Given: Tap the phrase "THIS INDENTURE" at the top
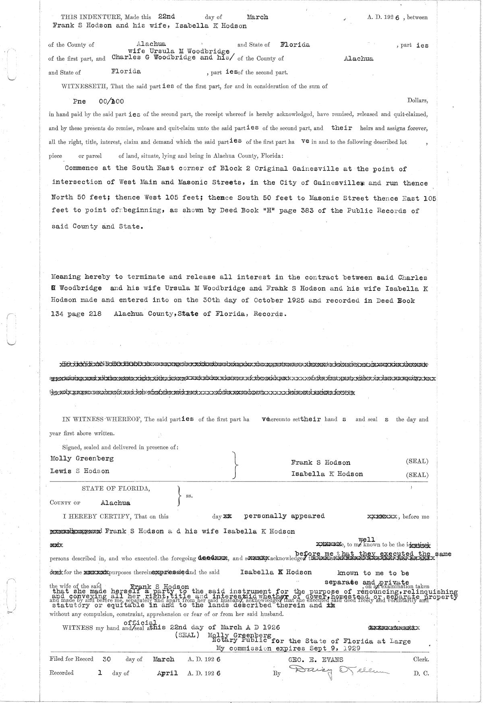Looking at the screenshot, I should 85,17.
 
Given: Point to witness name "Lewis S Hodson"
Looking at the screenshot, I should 80,471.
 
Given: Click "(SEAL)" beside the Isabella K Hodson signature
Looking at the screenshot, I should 417,475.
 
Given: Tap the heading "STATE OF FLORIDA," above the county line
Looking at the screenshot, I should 116,488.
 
